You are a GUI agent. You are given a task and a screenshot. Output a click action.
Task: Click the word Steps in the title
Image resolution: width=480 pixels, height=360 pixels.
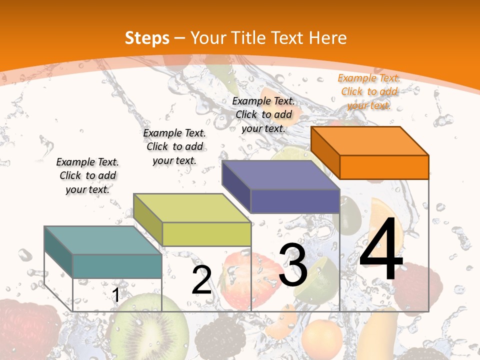tap(147, 38)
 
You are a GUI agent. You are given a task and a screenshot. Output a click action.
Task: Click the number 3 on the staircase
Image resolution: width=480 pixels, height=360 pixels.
tap(293, 265)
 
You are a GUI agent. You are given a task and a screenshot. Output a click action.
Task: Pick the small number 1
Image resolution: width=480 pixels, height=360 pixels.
tap(115, 295)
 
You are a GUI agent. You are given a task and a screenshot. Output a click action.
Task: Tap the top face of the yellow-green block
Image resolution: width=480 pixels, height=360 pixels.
tap(192, 208)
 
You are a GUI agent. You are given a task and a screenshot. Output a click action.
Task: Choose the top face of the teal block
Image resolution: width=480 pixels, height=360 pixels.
tap(103, 240)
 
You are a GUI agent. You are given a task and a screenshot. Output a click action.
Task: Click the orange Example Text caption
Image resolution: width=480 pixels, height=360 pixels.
tap(369, 91)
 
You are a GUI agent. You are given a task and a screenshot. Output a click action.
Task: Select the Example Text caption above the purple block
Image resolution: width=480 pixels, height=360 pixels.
tap(263, 114)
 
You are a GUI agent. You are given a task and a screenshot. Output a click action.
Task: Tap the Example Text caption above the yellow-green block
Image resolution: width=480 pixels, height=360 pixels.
tap(174, 146)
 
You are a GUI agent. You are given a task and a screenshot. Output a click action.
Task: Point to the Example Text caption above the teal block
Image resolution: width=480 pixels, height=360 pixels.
tap(87, 175)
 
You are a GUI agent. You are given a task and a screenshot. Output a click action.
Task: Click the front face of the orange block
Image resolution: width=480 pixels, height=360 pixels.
tap(384, 167)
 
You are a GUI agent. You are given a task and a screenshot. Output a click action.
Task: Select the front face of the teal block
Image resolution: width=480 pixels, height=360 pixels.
tap(117, 266)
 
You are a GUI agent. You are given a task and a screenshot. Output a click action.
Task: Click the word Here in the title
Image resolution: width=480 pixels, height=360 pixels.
tap(328, 38)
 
